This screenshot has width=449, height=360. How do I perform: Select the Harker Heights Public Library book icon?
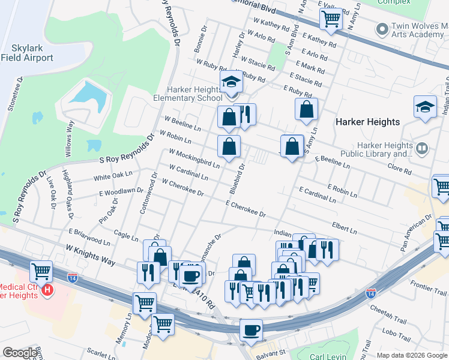pyautogui.click(x=422, y=148)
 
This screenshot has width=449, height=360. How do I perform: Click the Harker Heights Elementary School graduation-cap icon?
pyautogui.click(x=231, y=82)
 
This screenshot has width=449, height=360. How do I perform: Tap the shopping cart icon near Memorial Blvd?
pyautogui.click(x=331, y=19)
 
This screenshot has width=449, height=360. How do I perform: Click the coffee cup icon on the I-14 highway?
pyautogui.click(x=251, y=329)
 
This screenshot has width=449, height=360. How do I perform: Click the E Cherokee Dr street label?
pyautogui.click(x=246, y=209)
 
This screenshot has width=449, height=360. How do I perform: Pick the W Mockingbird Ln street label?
pyautogui.click(x=194, y=156)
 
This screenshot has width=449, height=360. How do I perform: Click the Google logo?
pyautogui.click(x=20, y=353)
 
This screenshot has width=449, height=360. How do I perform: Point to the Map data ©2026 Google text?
pyautogui.click(x=412, y=355)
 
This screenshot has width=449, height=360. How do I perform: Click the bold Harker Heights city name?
pyautogui.click(x=367, y=122)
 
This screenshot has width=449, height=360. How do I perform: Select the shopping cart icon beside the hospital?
pyautogui.click(x=41, y=272)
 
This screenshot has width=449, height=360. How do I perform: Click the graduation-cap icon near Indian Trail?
pyautogui.click(x=425, y=107)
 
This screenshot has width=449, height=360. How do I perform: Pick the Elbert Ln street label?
pyautogui.click(x=344, y=226)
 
